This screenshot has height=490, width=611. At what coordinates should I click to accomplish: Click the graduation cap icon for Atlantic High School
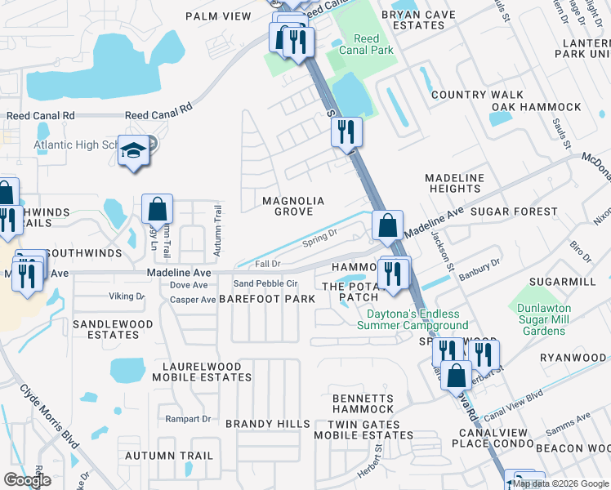pos(132,151)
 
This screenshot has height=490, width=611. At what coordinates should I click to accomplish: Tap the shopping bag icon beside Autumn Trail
pos(156,209)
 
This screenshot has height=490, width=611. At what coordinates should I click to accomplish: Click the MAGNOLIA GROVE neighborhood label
pos(293,206)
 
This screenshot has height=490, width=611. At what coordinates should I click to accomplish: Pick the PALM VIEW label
pos(218,16)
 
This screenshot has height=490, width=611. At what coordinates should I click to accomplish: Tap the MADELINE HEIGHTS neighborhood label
pos(455,183)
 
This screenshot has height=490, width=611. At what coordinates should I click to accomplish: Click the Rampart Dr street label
pos(190,419)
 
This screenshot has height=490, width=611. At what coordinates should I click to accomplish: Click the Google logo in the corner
pos(27,480)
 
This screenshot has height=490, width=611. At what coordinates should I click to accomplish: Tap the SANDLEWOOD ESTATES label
pos(113,329)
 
